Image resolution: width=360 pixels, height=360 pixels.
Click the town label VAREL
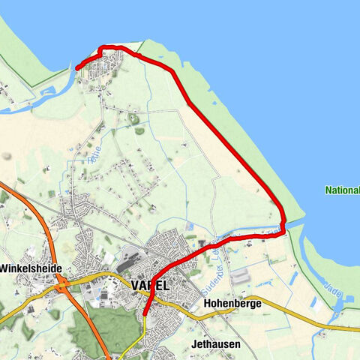[x=150, y=286]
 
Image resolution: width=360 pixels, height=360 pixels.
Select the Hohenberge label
[x=231, y=304]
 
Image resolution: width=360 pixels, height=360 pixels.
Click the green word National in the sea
[x=342, y=190]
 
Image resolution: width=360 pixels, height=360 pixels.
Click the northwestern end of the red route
[x=77, y=69]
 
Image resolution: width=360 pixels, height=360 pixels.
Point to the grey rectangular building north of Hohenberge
[x=240, y=276]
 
